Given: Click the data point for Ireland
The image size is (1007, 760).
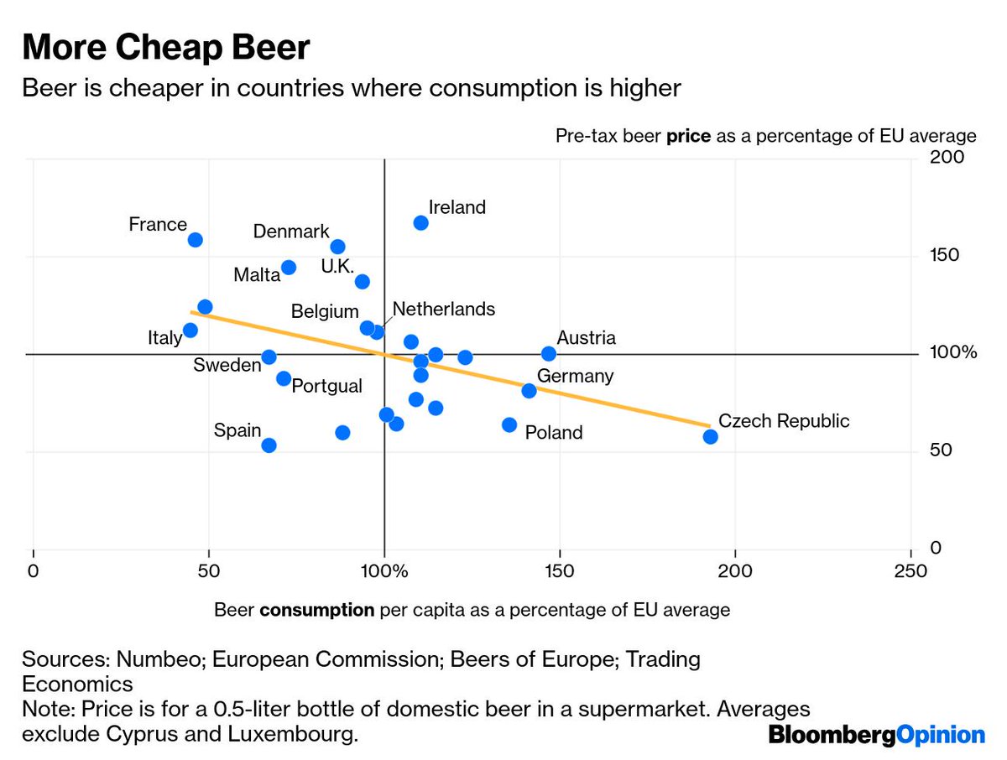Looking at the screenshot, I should coord(421,223).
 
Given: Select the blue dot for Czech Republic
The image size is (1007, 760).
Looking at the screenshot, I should coord(710,436).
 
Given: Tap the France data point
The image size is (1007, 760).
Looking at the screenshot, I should coord(196,240).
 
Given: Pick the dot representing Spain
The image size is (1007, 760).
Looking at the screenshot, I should coord(269,445).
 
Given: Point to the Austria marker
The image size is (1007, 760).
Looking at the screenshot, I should coord(549,354).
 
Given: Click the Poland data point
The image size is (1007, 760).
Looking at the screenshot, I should coord(509,425).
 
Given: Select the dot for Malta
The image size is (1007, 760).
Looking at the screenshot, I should coord(289,268).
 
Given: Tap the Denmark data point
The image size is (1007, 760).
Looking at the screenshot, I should coord(338,247).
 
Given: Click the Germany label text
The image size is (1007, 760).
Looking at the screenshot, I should coord(575,376).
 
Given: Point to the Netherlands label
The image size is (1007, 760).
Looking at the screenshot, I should coord(443,309).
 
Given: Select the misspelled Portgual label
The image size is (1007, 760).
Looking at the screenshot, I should coord(326,386).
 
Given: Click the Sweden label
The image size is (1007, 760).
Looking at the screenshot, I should coord(227,365).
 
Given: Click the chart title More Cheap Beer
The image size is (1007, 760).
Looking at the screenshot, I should coord(166,49).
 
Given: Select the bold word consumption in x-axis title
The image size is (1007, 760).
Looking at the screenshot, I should coord(317,610).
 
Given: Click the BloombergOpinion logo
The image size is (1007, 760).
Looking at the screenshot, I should coord(877,736).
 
